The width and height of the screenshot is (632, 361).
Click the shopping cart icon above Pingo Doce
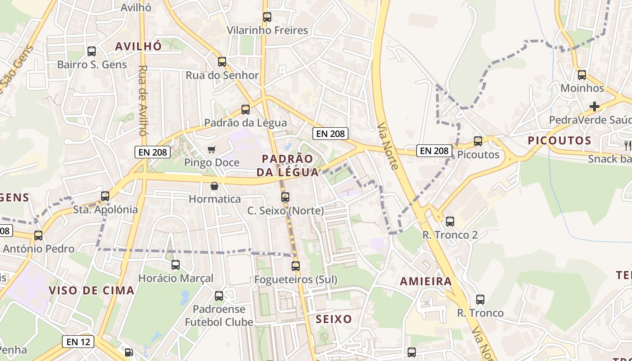pos(212,149)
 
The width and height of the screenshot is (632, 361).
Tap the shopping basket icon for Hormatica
pos(214,186)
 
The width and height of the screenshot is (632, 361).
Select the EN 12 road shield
pos(79,342)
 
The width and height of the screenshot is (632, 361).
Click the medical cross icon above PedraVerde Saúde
pos(595,106)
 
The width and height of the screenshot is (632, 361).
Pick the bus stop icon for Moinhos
pos(582,75)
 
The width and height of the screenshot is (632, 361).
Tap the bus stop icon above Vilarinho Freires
pos(267,17)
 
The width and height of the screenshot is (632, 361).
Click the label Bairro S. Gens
pos(92,65)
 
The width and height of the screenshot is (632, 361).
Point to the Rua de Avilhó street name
pos(143,101)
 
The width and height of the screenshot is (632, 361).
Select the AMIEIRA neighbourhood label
pos(426,282)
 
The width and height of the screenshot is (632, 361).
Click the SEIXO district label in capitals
pos(334,319)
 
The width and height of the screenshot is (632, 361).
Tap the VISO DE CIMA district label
pos(92,290)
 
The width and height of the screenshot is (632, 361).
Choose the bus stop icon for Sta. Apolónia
pos(105,196)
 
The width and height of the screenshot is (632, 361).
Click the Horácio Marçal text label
pos(176,278)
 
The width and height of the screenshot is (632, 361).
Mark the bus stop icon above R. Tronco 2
pos(450,222)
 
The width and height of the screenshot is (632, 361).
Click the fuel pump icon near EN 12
pos(129,352)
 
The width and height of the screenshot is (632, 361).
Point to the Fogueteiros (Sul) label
pos(296,279)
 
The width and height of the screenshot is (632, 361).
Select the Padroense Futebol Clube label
pos(219,316)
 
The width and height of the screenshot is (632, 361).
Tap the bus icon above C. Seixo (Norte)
pos(285,197)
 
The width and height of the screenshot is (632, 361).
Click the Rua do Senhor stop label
pos(222,75)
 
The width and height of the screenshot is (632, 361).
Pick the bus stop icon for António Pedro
pos(38,236)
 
